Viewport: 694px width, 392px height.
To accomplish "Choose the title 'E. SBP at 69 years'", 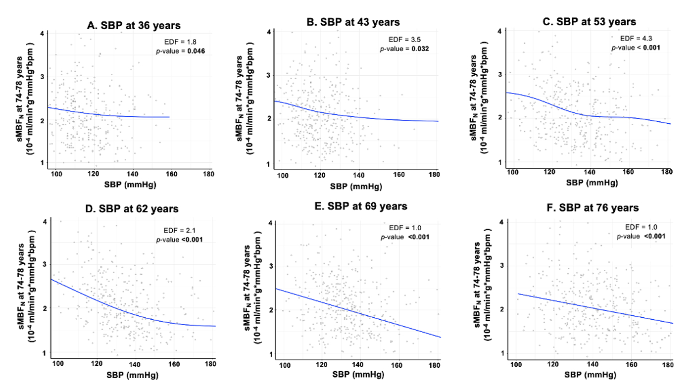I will (361, 206).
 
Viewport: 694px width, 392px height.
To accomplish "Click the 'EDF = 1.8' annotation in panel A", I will (177, 42).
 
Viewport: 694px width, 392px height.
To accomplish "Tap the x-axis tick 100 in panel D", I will (58, 364).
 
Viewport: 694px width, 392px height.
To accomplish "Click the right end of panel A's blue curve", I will (169, 117).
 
